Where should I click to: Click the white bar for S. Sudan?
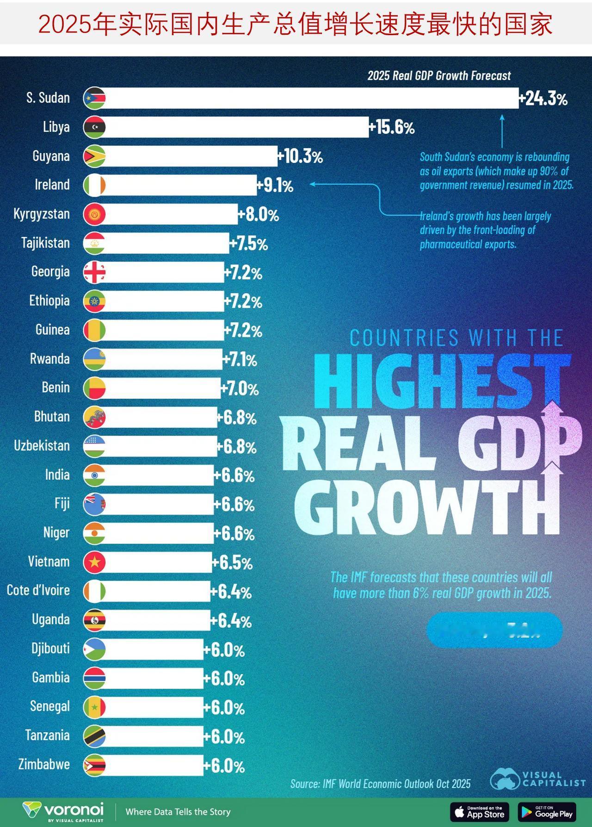pos(310,98)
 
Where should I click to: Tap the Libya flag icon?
pos(94,127)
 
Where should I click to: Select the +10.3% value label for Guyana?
pos(300,157)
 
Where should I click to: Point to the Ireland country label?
pos(52,185)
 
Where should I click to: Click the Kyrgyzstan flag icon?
pos(94,214)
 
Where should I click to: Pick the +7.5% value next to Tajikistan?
pos(249,244)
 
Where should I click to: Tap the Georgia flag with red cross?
pos(94,272)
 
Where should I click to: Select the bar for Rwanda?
pos(162,359)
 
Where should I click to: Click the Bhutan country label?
pos(52,417)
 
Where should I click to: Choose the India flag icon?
pos(94,475)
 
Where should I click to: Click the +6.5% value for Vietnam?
pos(232,563)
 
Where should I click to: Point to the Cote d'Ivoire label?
pos(38,591)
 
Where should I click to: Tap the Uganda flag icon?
pos(94,621)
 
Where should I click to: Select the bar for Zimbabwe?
pos(153,765)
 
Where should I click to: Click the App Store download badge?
pos(480,812)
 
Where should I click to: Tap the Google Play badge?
pos(547,812)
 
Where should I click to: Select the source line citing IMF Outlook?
pos(380,784)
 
